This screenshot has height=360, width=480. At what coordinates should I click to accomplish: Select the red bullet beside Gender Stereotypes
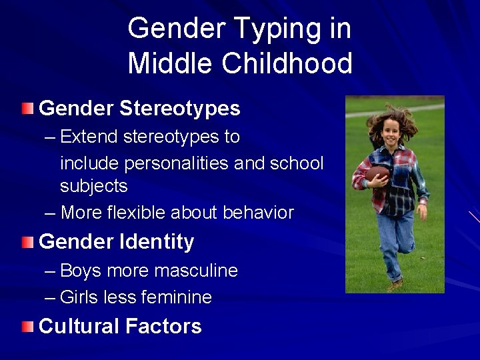pyautogui.click(x=27, y=108)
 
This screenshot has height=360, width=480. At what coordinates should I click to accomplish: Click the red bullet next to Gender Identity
pyautogui.click(x=27, y=241)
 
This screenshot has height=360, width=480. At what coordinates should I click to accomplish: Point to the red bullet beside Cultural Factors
pyautogui.click(x=27, y=326)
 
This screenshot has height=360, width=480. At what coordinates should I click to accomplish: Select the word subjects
pyautogui.click(x=93, y=186)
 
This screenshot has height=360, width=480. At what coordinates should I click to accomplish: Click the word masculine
pyautogui.click(x=195, y=271)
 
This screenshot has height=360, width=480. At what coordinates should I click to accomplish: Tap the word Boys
pyautogui.click(x=81, y=271)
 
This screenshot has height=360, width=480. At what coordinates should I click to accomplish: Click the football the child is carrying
pyautogui.click(x=377, y=175)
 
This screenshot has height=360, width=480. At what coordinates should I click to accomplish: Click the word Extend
pyautogui.click(x=87, y=137)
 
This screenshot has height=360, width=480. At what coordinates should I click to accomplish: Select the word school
pyautogui.click(x=298, y=163)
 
